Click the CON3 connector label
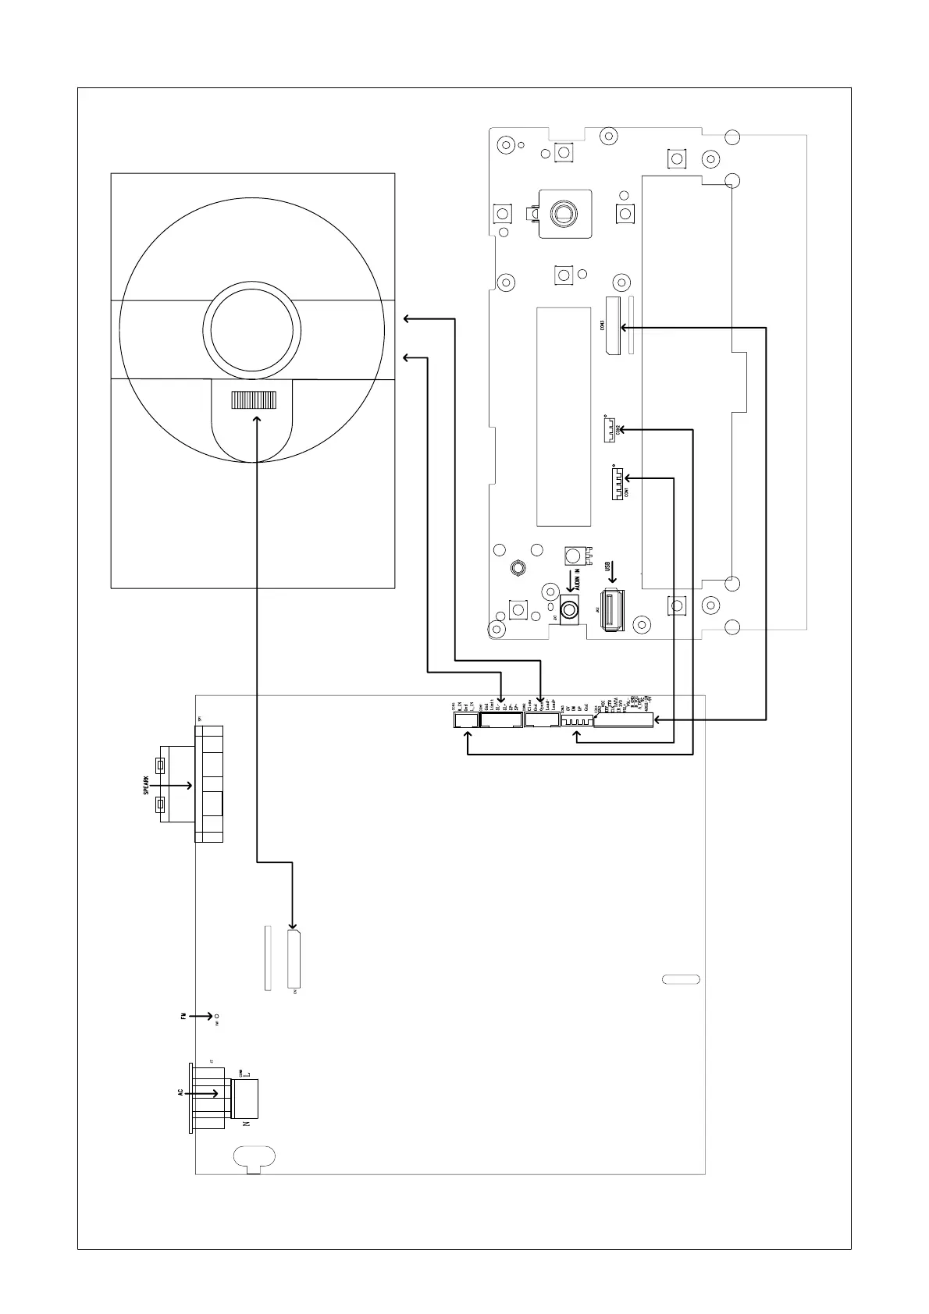603,325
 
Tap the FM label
183,1017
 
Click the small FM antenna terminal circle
218,1017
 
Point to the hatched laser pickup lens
253,400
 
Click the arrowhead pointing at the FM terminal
210,1017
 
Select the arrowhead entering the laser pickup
257,419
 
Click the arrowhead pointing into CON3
625,328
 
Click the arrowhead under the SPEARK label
190,786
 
